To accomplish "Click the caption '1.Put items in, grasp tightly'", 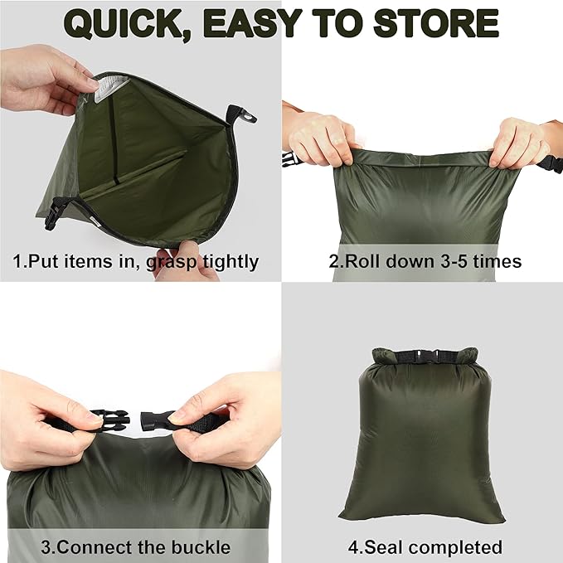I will pos(136,262).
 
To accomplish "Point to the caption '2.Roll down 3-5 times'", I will pos(425,262).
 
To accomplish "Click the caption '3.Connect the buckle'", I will pos(136,547).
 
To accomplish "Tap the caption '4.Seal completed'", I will pos(425,547).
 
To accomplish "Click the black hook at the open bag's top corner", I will pos(245,115).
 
